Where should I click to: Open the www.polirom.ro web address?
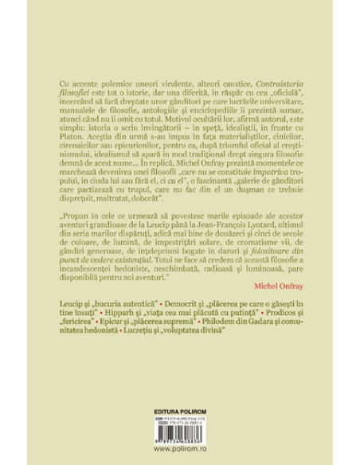click(180, 450)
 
